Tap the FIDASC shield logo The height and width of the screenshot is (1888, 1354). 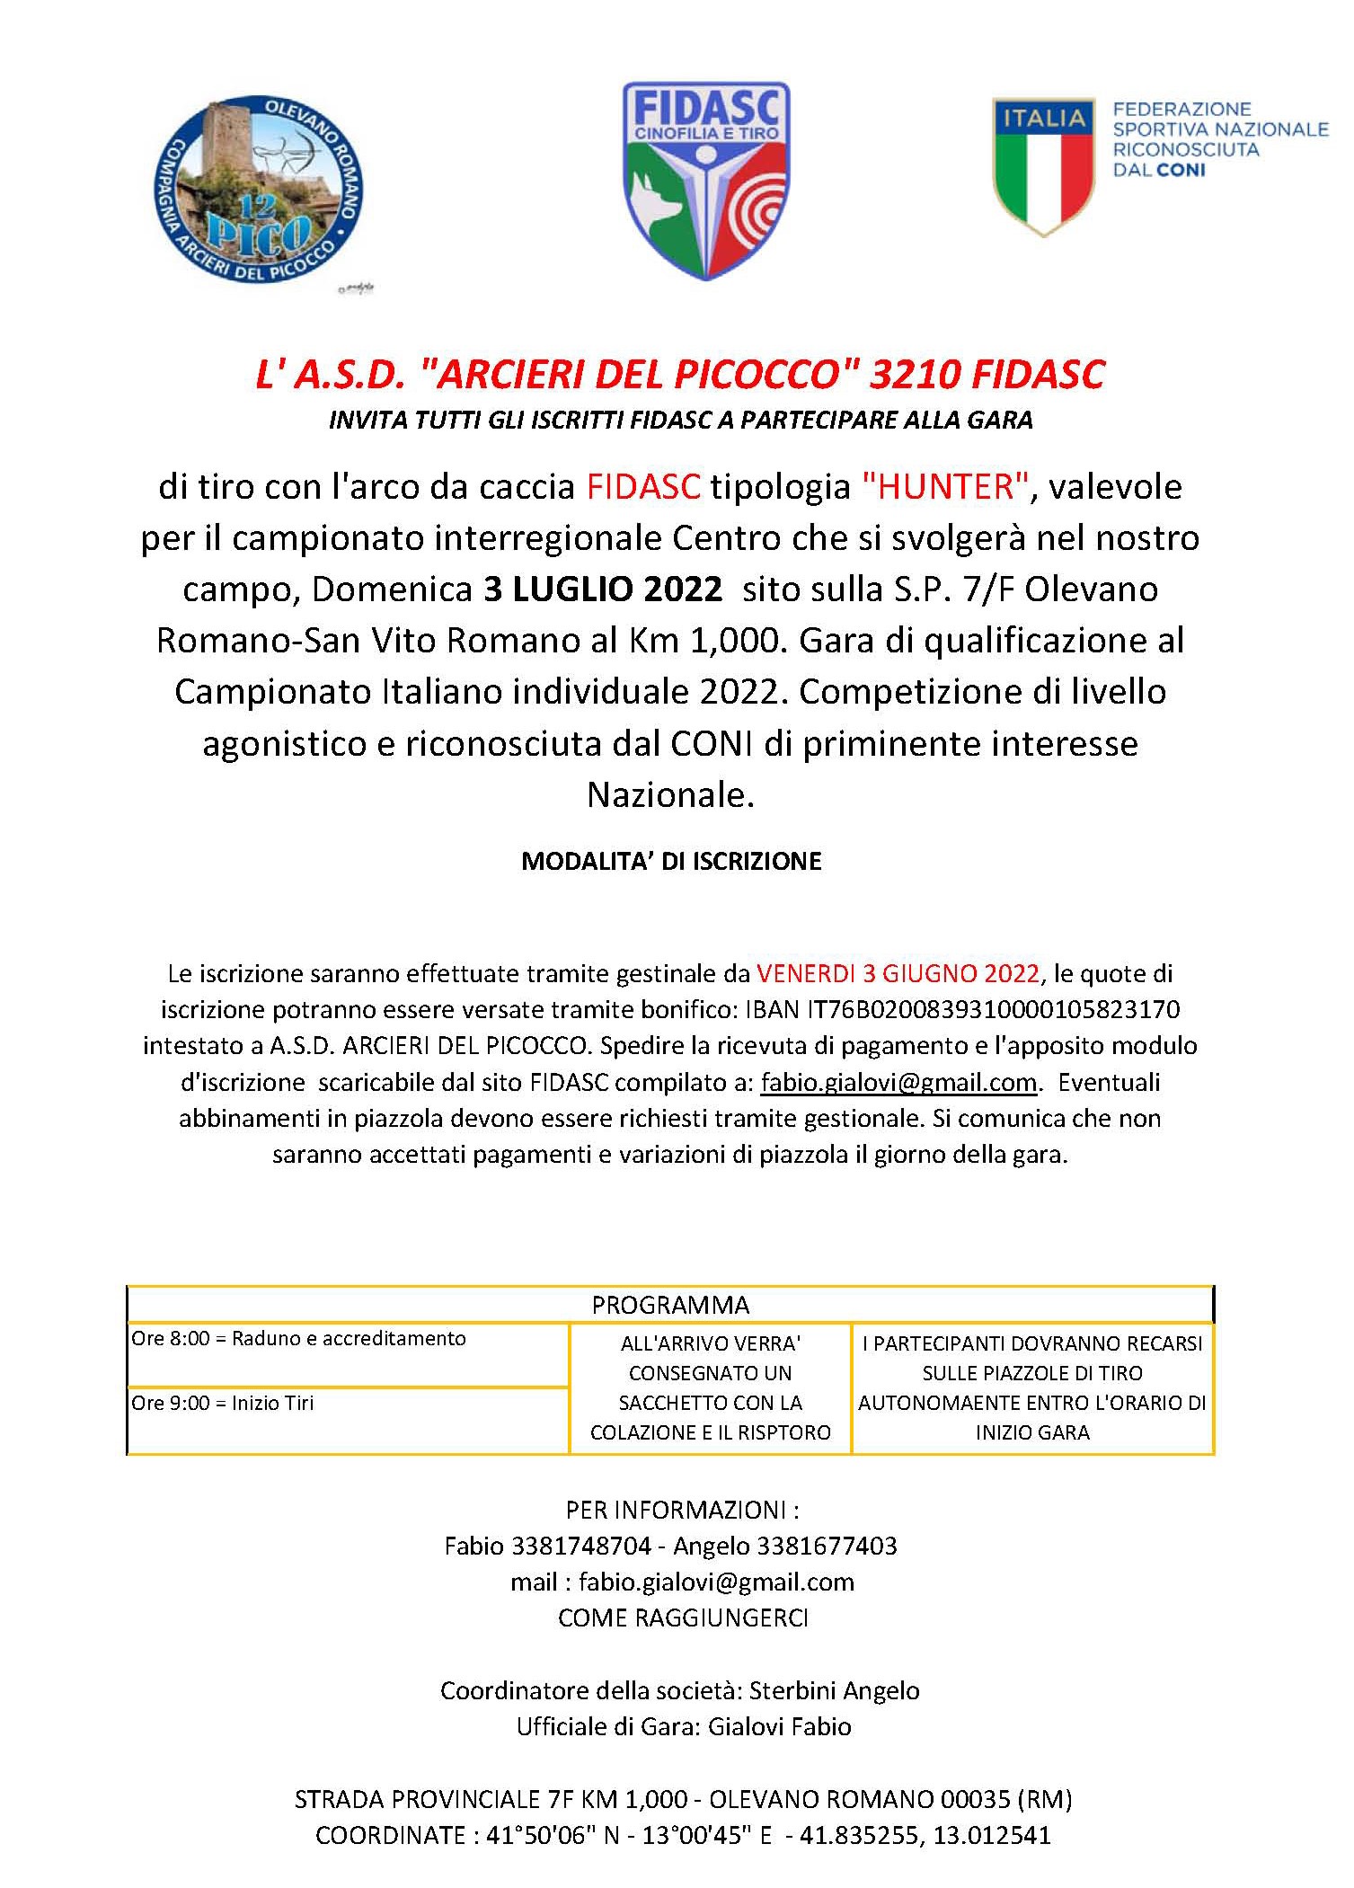coord(706,180)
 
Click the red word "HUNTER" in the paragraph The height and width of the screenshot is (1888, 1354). coord(944,487)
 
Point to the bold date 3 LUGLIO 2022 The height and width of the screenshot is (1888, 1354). coord(603,589)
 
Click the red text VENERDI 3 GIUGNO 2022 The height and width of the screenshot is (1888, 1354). coord(898,974)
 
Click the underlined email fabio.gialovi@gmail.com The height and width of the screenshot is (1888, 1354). coord(898,1082)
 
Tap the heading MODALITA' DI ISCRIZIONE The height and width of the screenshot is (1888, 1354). coord(671,862)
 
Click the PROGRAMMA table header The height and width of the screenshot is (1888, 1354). coord(670,1305)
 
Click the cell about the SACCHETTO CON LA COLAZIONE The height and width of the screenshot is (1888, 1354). coord(710,1388)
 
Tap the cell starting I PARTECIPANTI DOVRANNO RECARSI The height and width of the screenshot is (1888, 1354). coord(1032,1388)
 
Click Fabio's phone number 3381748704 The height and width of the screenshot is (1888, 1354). coord(580,1546)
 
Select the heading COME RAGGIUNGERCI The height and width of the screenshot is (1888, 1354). coord(683,1618)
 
